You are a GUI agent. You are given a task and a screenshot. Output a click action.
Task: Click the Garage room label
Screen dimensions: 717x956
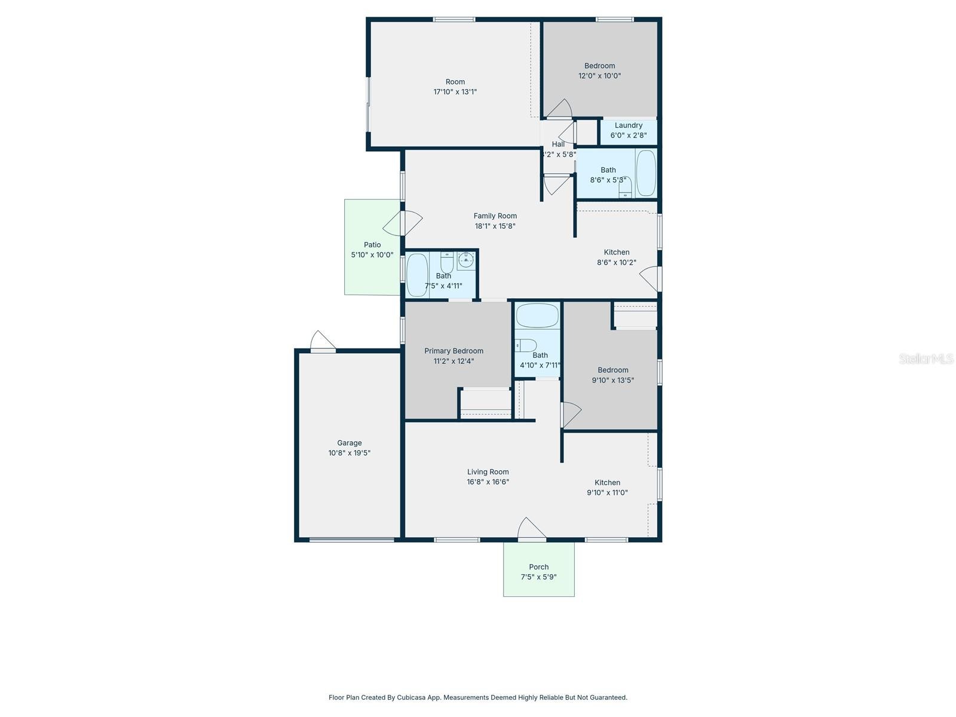click(350, 443)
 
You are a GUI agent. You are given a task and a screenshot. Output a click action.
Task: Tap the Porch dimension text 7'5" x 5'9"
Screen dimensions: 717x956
click(539, 577)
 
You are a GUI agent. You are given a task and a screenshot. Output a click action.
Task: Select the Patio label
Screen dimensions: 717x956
click(372, 244)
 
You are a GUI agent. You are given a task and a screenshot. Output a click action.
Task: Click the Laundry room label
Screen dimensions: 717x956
click(629, 125)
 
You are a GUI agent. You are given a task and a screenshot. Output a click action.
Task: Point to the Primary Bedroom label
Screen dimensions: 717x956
click(454, 351)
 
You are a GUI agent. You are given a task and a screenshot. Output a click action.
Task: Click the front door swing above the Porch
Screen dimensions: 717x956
click(531, 529)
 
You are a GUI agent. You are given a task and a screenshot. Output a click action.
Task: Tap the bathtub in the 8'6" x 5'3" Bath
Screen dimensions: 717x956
click(646, 173)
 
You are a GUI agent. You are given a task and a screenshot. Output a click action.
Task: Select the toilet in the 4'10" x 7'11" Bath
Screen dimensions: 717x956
click(526, 345)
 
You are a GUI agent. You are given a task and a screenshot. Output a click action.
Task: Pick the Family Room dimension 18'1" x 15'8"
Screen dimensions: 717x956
click(495, 226)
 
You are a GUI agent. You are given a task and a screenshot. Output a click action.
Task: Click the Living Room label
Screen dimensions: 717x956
click(488, 472)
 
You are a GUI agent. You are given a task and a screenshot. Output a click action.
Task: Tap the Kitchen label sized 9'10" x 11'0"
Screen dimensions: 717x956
click(607, 483)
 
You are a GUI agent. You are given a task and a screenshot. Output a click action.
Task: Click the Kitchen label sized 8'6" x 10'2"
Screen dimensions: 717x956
click(616, 252)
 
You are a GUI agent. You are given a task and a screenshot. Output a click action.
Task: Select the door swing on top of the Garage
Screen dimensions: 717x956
click(323, 341)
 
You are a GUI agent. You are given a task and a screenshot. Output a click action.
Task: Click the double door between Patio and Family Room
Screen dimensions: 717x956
click(403, 223)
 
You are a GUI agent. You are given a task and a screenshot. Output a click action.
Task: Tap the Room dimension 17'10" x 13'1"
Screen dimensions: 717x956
click(455, 92)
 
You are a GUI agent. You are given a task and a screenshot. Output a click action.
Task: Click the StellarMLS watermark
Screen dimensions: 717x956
click(926, 358)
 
